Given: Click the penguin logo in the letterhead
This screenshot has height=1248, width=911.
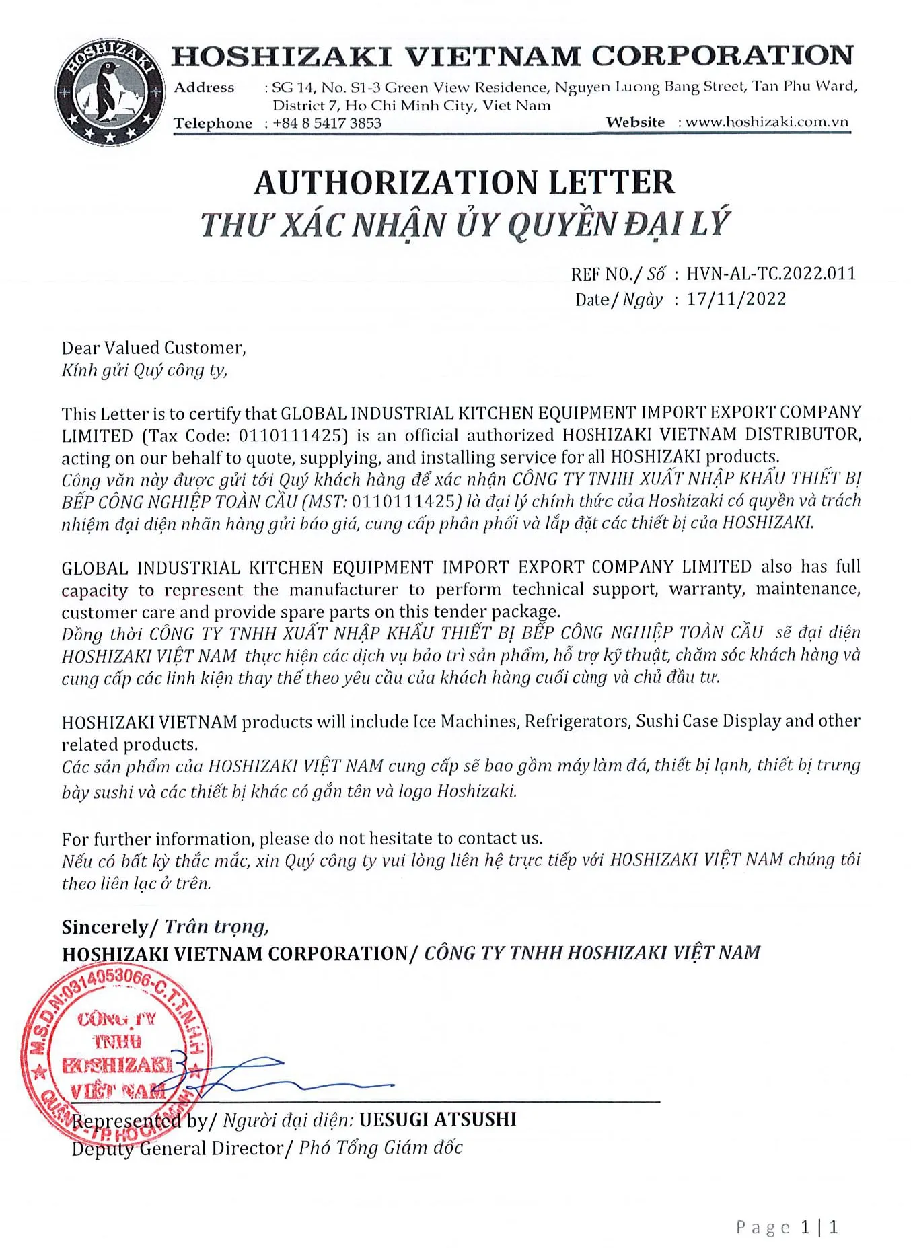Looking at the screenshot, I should tap(110, 93).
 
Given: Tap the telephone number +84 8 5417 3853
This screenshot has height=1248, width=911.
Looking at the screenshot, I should tap(327, 123).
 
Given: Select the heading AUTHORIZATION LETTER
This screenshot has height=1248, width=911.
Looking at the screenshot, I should tap(464, 182).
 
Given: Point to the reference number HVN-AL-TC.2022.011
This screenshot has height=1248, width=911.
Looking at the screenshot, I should tap(771, 274).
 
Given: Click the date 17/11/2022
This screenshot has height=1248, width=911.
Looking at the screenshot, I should tap(736, 299).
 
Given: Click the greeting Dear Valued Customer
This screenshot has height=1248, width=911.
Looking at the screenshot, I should tap(153, 348).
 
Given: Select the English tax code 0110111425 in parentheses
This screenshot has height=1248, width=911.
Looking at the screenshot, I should tap(293, 435).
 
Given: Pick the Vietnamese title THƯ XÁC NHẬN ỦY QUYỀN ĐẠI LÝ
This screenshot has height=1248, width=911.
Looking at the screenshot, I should tap(464, 225).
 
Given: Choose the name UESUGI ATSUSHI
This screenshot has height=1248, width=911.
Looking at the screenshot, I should tap(437, 1119).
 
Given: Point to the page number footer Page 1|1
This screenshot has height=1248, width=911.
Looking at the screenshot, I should tap(787, 1227).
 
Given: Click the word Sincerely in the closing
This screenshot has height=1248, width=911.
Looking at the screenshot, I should tap(104, 927).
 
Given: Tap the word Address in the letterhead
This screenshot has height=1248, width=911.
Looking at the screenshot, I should tap(204, 87).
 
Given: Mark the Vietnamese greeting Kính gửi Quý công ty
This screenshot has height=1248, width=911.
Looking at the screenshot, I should tap(145, 370).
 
